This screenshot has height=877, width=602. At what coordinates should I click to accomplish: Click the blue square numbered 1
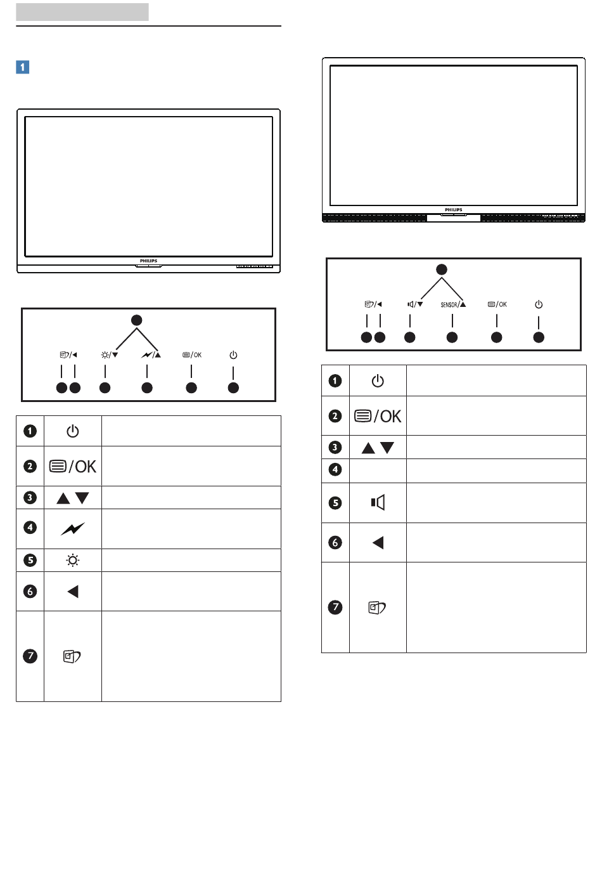[22, 67]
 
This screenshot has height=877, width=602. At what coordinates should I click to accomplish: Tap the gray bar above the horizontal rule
[82, 12]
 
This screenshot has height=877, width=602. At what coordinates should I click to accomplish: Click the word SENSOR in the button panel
[449, 304]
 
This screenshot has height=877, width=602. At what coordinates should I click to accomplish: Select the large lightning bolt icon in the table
[73, 529]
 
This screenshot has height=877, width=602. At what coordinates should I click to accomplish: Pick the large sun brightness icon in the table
[73, 561]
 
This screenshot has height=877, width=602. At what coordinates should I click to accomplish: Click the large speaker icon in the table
[378, 502]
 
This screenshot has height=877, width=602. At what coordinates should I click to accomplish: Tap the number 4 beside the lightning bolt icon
[30, 528]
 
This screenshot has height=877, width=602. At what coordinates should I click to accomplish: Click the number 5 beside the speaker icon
[335, 503]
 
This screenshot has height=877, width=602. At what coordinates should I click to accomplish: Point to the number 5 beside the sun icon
[30, 561]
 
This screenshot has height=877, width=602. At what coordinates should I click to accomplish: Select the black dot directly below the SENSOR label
[452, 337]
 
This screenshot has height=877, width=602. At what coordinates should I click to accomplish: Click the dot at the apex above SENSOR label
[442, 270]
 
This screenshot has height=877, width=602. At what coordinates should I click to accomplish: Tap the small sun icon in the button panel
[105, 355]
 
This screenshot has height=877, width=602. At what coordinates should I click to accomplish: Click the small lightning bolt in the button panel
[146, 354]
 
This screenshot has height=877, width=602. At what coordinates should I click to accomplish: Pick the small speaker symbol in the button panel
[411, 304]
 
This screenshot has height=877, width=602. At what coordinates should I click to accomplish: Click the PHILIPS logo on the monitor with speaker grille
[453, 210]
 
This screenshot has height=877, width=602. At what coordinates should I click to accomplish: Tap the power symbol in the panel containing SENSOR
[539, 304]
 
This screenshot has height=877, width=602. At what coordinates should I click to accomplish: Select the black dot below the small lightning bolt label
[147, 388]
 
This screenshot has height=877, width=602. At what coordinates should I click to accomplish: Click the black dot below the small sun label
[105, 388]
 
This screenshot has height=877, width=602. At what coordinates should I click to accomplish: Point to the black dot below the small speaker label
[409, 337]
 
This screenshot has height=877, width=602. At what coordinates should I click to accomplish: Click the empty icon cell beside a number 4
[378, 471]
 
